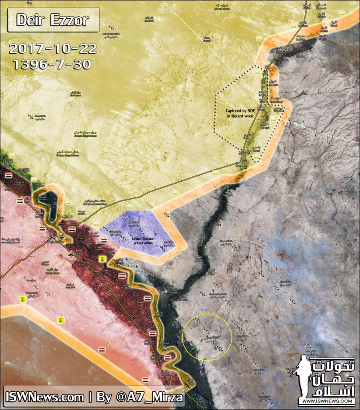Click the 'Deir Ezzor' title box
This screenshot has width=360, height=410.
53,20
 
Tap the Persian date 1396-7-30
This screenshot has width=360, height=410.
53,64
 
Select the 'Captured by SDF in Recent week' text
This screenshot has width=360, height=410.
240,113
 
